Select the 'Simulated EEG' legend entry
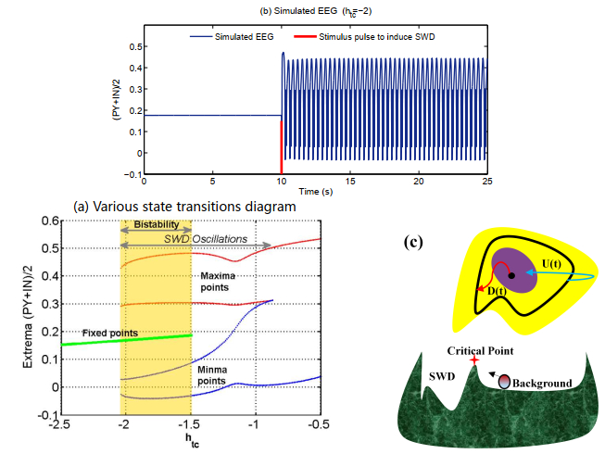236,38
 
